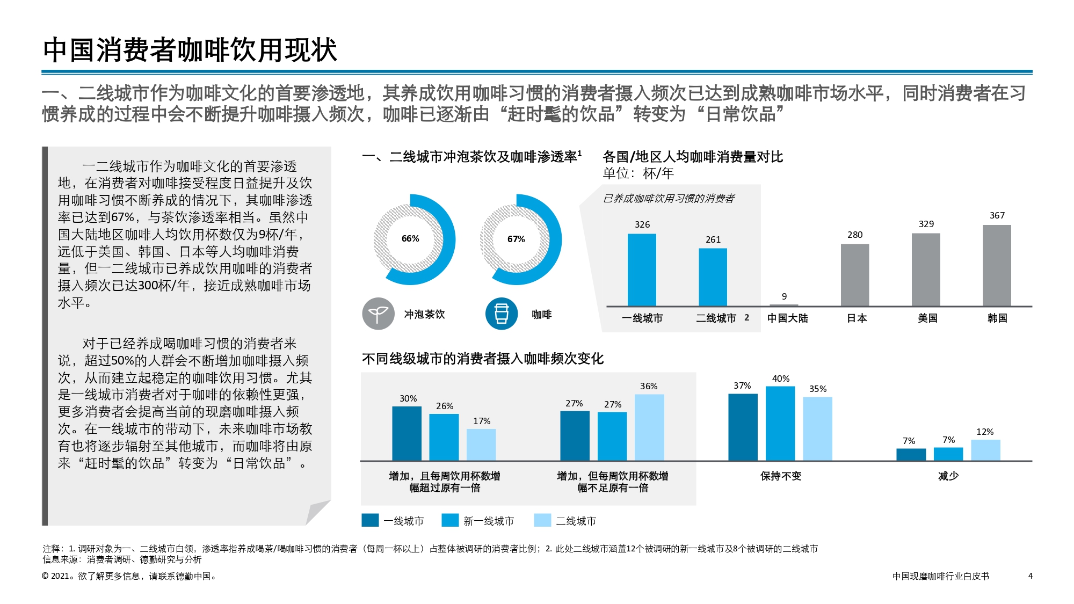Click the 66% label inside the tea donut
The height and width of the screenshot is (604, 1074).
pos(410,239)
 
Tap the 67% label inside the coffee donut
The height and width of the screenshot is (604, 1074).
pos(516,239)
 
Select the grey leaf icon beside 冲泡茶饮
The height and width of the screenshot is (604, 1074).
pos(378,314)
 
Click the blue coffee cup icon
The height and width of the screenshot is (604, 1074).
pos(501,314)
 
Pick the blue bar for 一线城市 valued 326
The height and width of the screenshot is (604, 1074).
pos(642,270)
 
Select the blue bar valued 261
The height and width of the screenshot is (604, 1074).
pos(713,277)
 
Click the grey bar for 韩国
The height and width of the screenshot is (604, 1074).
pos(997,265)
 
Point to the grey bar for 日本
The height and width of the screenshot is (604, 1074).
pos(854,275)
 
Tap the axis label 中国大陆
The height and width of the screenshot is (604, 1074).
pos(787,318)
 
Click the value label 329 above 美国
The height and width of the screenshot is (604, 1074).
pos(926,224)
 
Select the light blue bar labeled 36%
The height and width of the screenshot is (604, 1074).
pos(649,427)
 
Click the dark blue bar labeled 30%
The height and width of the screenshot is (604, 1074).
pos(407,433)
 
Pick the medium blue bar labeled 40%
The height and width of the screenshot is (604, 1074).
pos(780,423)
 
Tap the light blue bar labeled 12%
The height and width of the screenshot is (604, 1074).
pos(985,450)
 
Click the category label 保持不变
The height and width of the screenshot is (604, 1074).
pos(780,476)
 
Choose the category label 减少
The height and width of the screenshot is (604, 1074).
pos(948,476)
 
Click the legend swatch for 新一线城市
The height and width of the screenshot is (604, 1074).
pos(450,520)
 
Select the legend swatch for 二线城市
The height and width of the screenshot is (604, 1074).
pos(542,520)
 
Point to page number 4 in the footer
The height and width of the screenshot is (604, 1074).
pos(1030,576)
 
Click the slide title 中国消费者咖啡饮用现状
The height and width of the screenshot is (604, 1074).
pos(190,50)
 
